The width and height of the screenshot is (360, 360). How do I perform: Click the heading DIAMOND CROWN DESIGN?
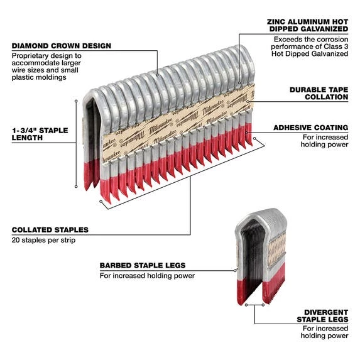(61, 45)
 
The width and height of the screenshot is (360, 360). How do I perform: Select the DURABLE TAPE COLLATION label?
(319, 94)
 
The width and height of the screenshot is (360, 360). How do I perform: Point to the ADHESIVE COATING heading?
(310, 128)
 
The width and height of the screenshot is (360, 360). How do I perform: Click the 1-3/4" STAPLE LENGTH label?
(39, 133)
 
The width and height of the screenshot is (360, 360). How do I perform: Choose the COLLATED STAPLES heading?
(50, 230)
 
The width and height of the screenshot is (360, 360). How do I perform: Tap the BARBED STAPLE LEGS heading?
(141, 265)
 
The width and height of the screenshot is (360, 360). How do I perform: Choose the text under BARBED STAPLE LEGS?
(146, 276)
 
